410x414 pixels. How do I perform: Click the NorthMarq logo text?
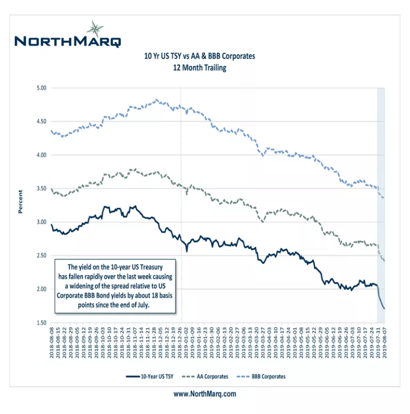[x=68, y=41]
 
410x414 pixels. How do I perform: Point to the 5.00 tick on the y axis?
[x=41, y=87]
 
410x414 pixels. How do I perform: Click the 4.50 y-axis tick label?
[x=41, y=121]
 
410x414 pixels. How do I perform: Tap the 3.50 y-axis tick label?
[x=41, y=189]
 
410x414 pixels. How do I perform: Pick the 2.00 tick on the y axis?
[x=41, y=289]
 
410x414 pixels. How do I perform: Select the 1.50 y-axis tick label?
[x=41, y=323]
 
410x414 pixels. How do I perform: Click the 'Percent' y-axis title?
[x=21, y=202]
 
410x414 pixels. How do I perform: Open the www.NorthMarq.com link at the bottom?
[x=204, y=394]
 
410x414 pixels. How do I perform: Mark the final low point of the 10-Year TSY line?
[x=384, y=309]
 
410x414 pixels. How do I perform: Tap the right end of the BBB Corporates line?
[x=384, y=198]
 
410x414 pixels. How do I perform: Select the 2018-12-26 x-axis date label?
[x=181, y=344]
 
